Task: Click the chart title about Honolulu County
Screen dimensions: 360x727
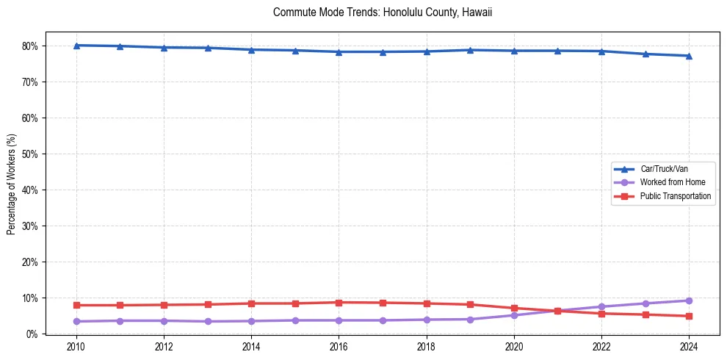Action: pyautogui.click(x=382, y=12)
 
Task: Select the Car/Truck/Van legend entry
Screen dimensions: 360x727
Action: pyautogui.click(x=663, y=169)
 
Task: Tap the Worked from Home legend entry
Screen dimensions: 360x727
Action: pyautogui.click(x=672, y=182)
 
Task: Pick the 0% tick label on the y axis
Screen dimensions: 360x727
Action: pyautogui.click(x=32, y=334)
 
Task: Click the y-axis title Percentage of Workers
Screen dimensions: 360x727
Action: pyautogui.click(x=12, y=184)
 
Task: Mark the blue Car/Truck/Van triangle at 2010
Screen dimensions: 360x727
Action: pyautogui.click(x=76, y=46)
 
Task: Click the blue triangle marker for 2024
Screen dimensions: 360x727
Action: pyautogui.click(x=689, y=56)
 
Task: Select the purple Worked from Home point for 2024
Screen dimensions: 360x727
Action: pyautogui.click(x=689, y=300)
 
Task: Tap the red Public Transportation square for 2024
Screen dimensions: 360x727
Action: pyautogui.click(x=689, y=316)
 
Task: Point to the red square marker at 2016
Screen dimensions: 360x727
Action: pyautogui.click(x=339, y=303)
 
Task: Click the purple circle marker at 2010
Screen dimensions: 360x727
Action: pyautogui.click(x=76, y=321)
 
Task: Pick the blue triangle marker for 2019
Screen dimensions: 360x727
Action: pyautogui.click(x=470, y=50)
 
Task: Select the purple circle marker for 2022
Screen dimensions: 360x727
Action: pyautogui.click(x=601, y=306)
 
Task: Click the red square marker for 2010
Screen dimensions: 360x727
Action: pyautogui.click(x=76, y=305)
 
